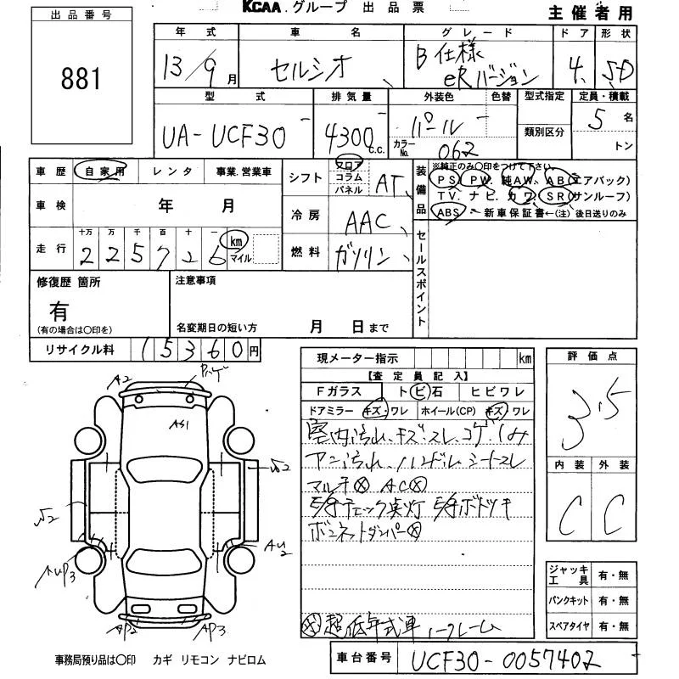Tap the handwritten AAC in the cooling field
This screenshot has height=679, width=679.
[x=367, y=222]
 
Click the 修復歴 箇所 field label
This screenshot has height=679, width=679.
[x=68, y=282]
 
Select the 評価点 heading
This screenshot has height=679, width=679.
[x=589, y=356]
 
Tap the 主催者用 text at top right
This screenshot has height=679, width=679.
[x=602, y=12]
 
